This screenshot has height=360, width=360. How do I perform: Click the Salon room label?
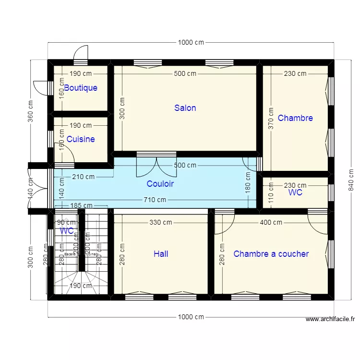[x=185, y=108]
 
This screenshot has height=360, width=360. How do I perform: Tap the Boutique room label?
[x=81, y=88]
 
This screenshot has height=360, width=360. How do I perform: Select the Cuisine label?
[x=81, y=139]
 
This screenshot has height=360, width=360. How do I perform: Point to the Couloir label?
[x=160, y=184]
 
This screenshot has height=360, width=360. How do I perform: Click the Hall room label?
[x=161, y=254]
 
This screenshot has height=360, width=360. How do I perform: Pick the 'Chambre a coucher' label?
[x=271, y=254]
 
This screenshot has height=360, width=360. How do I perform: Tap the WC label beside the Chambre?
[x=295, y=192]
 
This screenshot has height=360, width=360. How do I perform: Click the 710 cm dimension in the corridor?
[x=155, y=200]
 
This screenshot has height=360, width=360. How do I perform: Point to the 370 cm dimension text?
[x=271, y=118]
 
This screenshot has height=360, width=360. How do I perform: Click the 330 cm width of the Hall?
[x=161, y=222]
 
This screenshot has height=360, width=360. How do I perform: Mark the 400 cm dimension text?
[x=271, y=222]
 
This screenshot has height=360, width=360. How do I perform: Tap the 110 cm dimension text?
[x=271, y=192]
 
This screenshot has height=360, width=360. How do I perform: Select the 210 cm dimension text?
[x=84, y=177]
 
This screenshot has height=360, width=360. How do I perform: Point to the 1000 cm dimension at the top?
[x=191, y=42]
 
